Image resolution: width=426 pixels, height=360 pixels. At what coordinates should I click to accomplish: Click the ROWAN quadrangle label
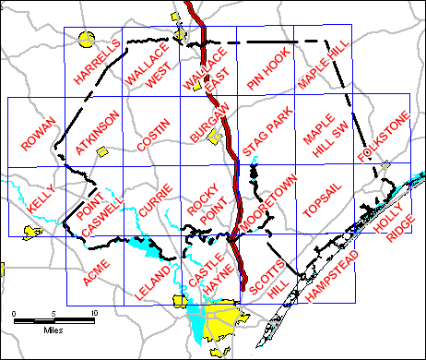coord(38,135)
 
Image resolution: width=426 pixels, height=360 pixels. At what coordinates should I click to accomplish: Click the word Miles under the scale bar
coord(52,329)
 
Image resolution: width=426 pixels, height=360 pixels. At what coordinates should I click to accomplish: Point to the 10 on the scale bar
coord(94,314)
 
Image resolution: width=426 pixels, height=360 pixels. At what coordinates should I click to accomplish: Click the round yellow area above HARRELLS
coord(87,39)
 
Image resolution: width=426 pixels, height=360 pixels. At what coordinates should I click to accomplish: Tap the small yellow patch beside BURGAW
coord(215,138)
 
